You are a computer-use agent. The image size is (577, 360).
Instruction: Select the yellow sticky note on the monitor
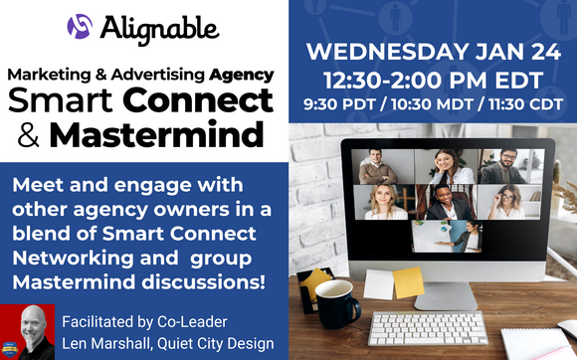pyautogui.click(x=408, y=282)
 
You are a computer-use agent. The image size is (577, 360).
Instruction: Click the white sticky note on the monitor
pyautogui.click(x=377, y=285)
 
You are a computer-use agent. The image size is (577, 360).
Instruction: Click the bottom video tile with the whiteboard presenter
pyautogui.click(x=446, y=235)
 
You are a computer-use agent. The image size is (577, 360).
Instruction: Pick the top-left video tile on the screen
pyautogui.click(x=378, y=165)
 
